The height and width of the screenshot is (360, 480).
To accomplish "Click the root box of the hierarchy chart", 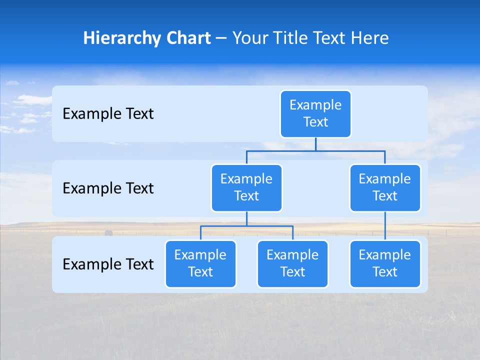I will [x=315, y=113].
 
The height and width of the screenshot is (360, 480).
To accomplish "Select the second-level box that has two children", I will [x=246, y=187].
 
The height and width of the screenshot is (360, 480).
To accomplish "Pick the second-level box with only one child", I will [x=385, y=187].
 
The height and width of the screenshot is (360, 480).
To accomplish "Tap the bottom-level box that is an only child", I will [x=385, y=263].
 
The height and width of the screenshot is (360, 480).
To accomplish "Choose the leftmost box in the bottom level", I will [x=200, y=263].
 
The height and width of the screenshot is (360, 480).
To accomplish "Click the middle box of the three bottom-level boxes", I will [x=292, y=263].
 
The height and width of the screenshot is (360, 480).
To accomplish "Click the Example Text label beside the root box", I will [x=108, y=113].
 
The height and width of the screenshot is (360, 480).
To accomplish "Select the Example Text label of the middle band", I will [x=108, y=188].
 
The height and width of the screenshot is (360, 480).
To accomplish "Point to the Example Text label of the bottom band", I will [x=108, y=264].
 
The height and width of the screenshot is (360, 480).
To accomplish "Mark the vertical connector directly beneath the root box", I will [x=315, y=144].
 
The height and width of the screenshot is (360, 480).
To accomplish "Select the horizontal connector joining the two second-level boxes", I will [x=315, y=150].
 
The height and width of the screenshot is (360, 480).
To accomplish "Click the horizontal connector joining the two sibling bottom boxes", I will [x=246, y=226].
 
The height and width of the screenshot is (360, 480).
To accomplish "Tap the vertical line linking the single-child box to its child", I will [x=385, y=226].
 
